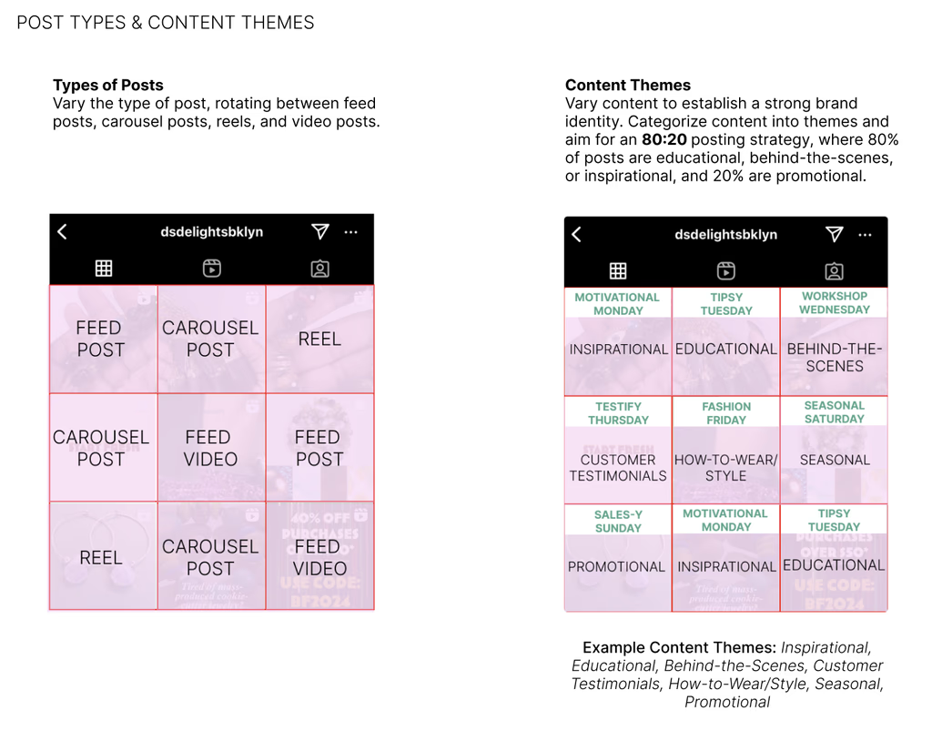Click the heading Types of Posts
(x=108, y=86)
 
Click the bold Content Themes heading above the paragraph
(x=628, y=86)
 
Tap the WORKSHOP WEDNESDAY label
(x=835, y=303)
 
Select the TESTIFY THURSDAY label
(x=618, y=413)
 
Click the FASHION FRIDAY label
(x=726, y=413)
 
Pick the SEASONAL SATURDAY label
(x=835, y=412)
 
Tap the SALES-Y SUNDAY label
(x=618, y=522)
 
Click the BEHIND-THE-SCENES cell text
(x=835, y=358)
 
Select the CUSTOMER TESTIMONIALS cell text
(x=618, y=467)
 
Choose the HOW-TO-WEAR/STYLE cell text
(x=726, y=467)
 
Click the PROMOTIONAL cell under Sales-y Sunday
(x=616, y=566)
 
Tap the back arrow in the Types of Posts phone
(x=62, y=232)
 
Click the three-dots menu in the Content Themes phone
(x=865, y=235)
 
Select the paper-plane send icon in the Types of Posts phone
(x=319, y=232)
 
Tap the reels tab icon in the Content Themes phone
(x=725, y=270)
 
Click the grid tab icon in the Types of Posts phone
(x=104, y=268)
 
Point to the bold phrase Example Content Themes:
(x=679, y=648)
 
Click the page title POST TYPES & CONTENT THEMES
(x=166, y=23)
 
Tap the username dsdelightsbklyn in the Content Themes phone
(x=725, y=235)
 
